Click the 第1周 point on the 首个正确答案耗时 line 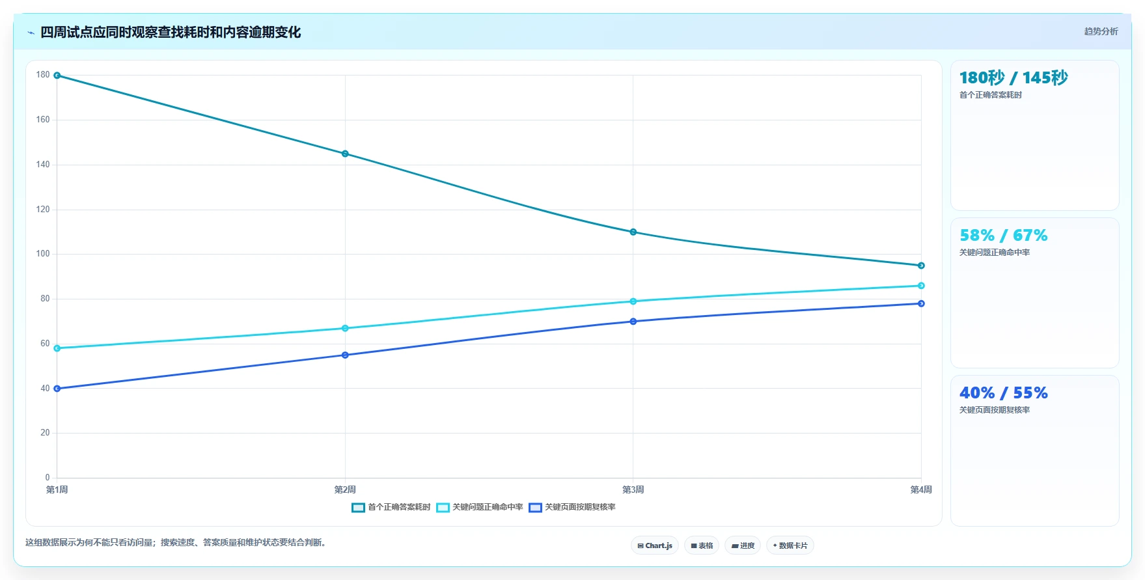(x=57, y=76)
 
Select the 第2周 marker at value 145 (x=345, y=154)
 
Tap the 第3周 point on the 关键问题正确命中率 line (x=633, y=301)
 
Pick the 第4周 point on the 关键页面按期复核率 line (x=921, y=303)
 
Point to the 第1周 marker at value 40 (x=57, y=389)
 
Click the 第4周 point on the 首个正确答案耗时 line (x=921, y=266)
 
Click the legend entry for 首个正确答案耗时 (x=391, y=507)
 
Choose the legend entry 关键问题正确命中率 (x=480, y=507)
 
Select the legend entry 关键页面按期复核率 (x=572, y=507)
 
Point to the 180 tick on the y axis (x=43, y=75)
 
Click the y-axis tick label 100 (x=43, y=254)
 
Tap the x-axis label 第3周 (x=633, y=490)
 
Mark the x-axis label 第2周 (x=345, y=490)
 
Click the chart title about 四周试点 (x=171, y=33)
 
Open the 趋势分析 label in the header (x=1101, y=31)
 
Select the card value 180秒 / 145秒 (x=1014, y=78)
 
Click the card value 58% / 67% (x=1004, y=236)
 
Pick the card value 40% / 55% (x=1004, y=393)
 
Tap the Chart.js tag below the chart (x=655, y=545)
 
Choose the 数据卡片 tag (x=790, y=545)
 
